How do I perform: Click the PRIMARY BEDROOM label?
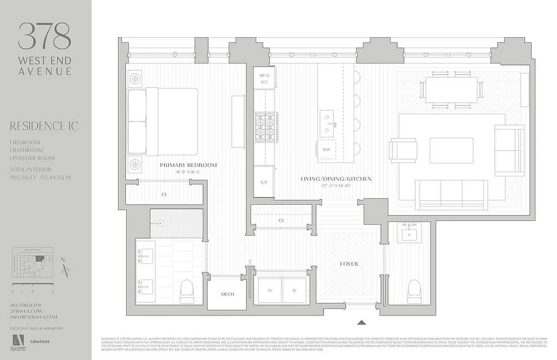tap(188, 165)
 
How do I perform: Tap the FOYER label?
tap(349, 264)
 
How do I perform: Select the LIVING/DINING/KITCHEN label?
tap(336, 179)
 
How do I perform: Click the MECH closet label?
tap(227, 294)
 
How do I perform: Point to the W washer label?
tap(270, 291)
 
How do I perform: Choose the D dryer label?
tap(294, 291)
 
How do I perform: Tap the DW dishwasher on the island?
tap(326, 150)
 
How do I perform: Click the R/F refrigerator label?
tap(263, 182)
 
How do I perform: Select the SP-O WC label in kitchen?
tap(264, 79)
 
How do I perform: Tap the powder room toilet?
tap(414, 292)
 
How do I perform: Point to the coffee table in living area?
tap(451, 150)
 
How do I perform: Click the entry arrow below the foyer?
tap(361, 322)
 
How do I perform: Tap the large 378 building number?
tap(44, 36)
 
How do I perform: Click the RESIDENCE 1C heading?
tap(44, 126)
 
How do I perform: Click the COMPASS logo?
tap(40, 342)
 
